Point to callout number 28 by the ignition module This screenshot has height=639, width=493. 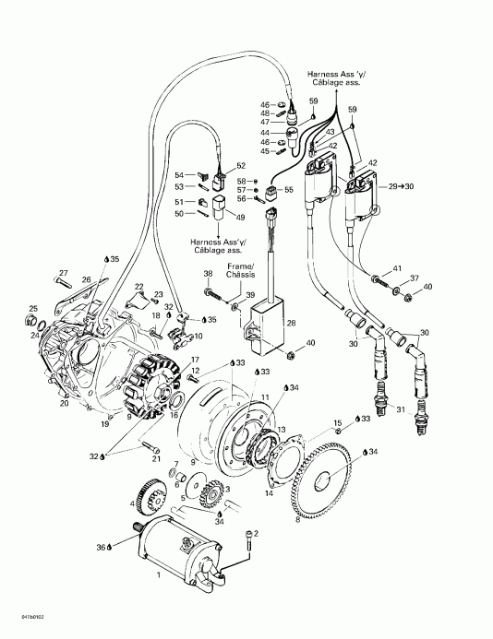291,323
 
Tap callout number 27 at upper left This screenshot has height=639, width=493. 64,272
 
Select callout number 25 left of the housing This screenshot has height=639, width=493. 33,309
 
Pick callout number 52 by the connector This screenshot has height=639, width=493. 241,166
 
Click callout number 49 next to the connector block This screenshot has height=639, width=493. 240,218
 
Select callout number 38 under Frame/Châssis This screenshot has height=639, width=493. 208,275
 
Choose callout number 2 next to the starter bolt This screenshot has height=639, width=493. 256,534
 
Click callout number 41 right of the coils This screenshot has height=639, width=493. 398,267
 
